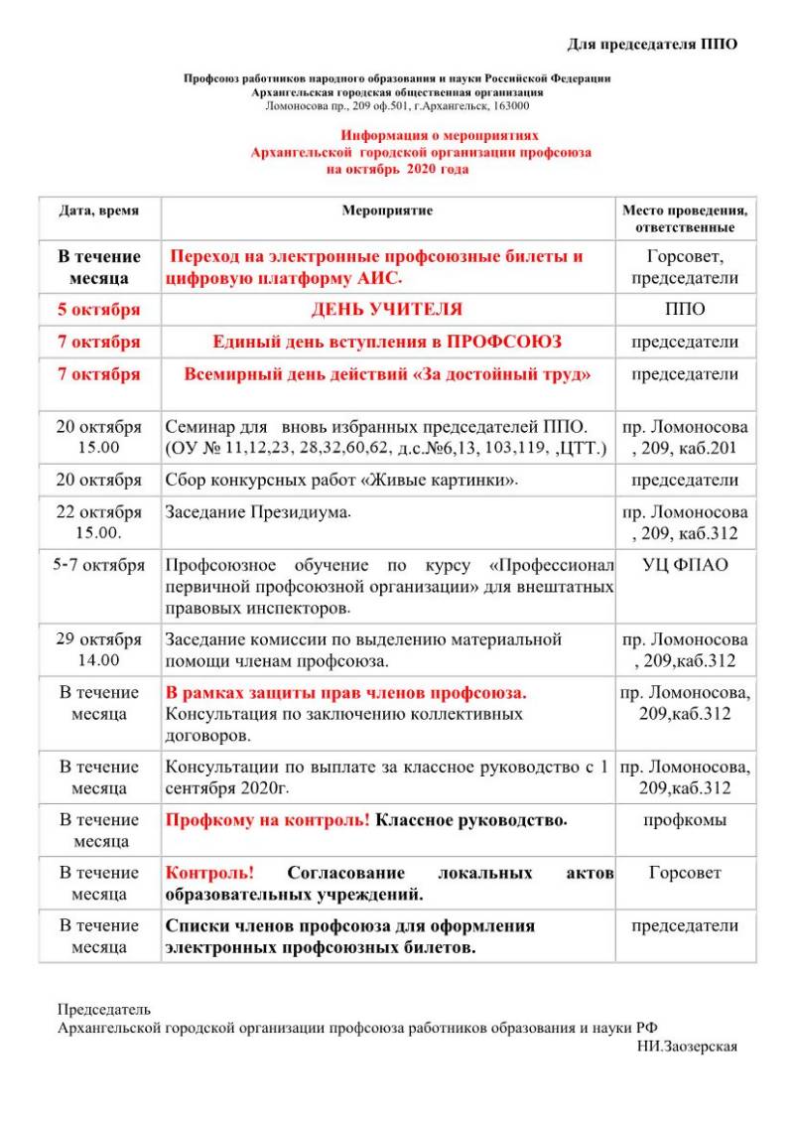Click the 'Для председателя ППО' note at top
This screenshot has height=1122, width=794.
pyautogui.click(x=652, y=44)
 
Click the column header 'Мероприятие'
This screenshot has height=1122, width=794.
pyautogui.click(x=387, y=210)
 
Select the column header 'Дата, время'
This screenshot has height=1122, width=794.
pyautogui.click(x=99, y=210)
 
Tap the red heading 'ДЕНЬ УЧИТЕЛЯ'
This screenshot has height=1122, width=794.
pyautogui.click(x=387, y=309)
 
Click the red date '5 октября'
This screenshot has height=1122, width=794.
pyautogui.click(x=99, y=309)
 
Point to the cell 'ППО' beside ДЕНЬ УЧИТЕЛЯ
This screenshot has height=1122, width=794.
pyautogui.click(x=685, y=309)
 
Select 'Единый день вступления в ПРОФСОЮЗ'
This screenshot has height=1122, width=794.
pyautogui.click(x=387, y=342)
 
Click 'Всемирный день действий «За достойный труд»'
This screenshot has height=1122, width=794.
pyautogui.click(x=387, y=374)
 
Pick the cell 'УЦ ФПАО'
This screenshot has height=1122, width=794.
pyautogui.click(x=685, y=565)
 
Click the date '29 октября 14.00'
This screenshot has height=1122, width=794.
pyautogui.click(x=99, y=649)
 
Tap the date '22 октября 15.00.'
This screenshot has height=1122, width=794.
pyautogui.click(x=99, y=522)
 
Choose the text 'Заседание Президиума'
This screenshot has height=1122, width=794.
pyautogui.click(x=258, y=512)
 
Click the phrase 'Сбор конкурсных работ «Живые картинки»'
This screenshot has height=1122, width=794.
pyautogui.click(x=341, y=481)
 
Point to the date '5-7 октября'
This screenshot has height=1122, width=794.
pyautogui.click(x=99, y=565)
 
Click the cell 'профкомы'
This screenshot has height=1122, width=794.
pyautogui.click(x=685, y=820)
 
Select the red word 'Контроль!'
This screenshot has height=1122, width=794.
pyautogui.click(x=209, y=873)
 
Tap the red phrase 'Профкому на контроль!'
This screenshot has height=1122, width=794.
pyautogui.click(x=267, y=820)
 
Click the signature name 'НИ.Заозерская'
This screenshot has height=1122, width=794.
pyautogui.click(x=688, y=1046)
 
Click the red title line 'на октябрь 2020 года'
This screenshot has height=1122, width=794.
pyautogui.click(x=397, y=169)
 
